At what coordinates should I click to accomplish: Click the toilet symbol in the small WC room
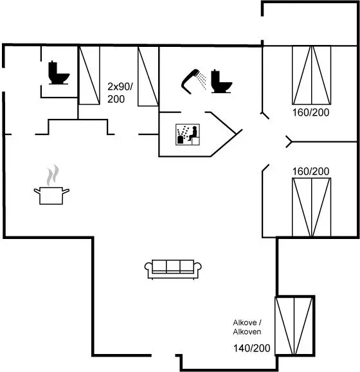click(59, 73)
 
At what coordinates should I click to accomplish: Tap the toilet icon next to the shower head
click(221, 81)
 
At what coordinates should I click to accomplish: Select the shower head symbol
click(190, 82)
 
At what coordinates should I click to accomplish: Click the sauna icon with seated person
click(188, 134)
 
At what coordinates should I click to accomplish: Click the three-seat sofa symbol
click(173, 269)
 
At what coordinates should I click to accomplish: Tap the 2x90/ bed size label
click(120, 87)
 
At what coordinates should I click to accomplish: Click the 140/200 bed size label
click(252, 348)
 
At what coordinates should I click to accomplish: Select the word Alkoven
click(247, 332)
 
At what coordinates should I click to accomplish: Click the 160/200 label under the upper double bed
click(310, 112)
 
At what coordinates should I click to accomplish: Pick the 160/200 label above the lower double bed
click(310, 172)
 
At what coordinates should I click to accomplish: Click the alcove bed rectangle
click(294, 326)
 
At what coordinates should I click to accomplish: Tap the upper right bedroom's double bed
click(311, 75)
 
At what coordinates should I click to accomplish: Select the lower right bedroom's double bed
click(311, 207)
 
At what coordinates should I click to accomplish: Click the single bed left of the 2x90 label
click(89, 75)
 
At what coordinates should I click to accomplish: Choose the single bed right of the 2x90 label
click(148, 76)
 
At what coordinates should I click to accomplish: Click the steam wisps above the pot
click(53, 175)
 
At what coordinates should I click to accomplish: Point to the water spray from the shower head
click(201, 80)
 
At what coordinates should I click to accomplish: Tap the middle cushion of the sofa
click(173, 266)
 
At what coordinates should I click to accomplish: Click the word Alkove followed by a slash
click(247, 323)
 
